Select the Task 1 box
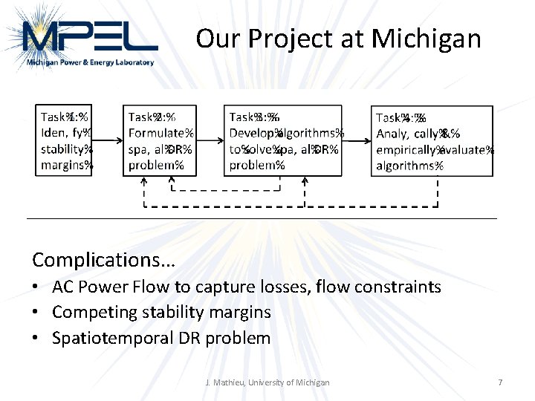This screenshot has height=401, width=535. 64,140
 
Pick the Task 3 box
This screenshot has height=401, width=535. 283,140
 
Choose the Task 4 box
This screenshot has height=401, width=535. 432,140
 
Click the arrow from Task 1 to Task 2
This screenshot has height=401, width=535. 107,140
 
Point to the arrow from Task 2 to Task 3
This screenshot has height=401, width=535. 210,140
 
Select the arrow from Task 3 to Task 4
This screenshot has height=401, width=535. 357,140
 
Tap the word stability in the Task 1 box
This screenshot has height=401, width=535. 62,149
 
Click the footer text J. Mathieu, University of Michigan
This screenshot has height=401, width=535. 267,382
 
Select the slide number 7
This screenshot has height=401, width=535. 500,382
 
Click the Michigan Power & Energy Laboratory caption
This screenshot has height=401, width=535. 91,63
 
